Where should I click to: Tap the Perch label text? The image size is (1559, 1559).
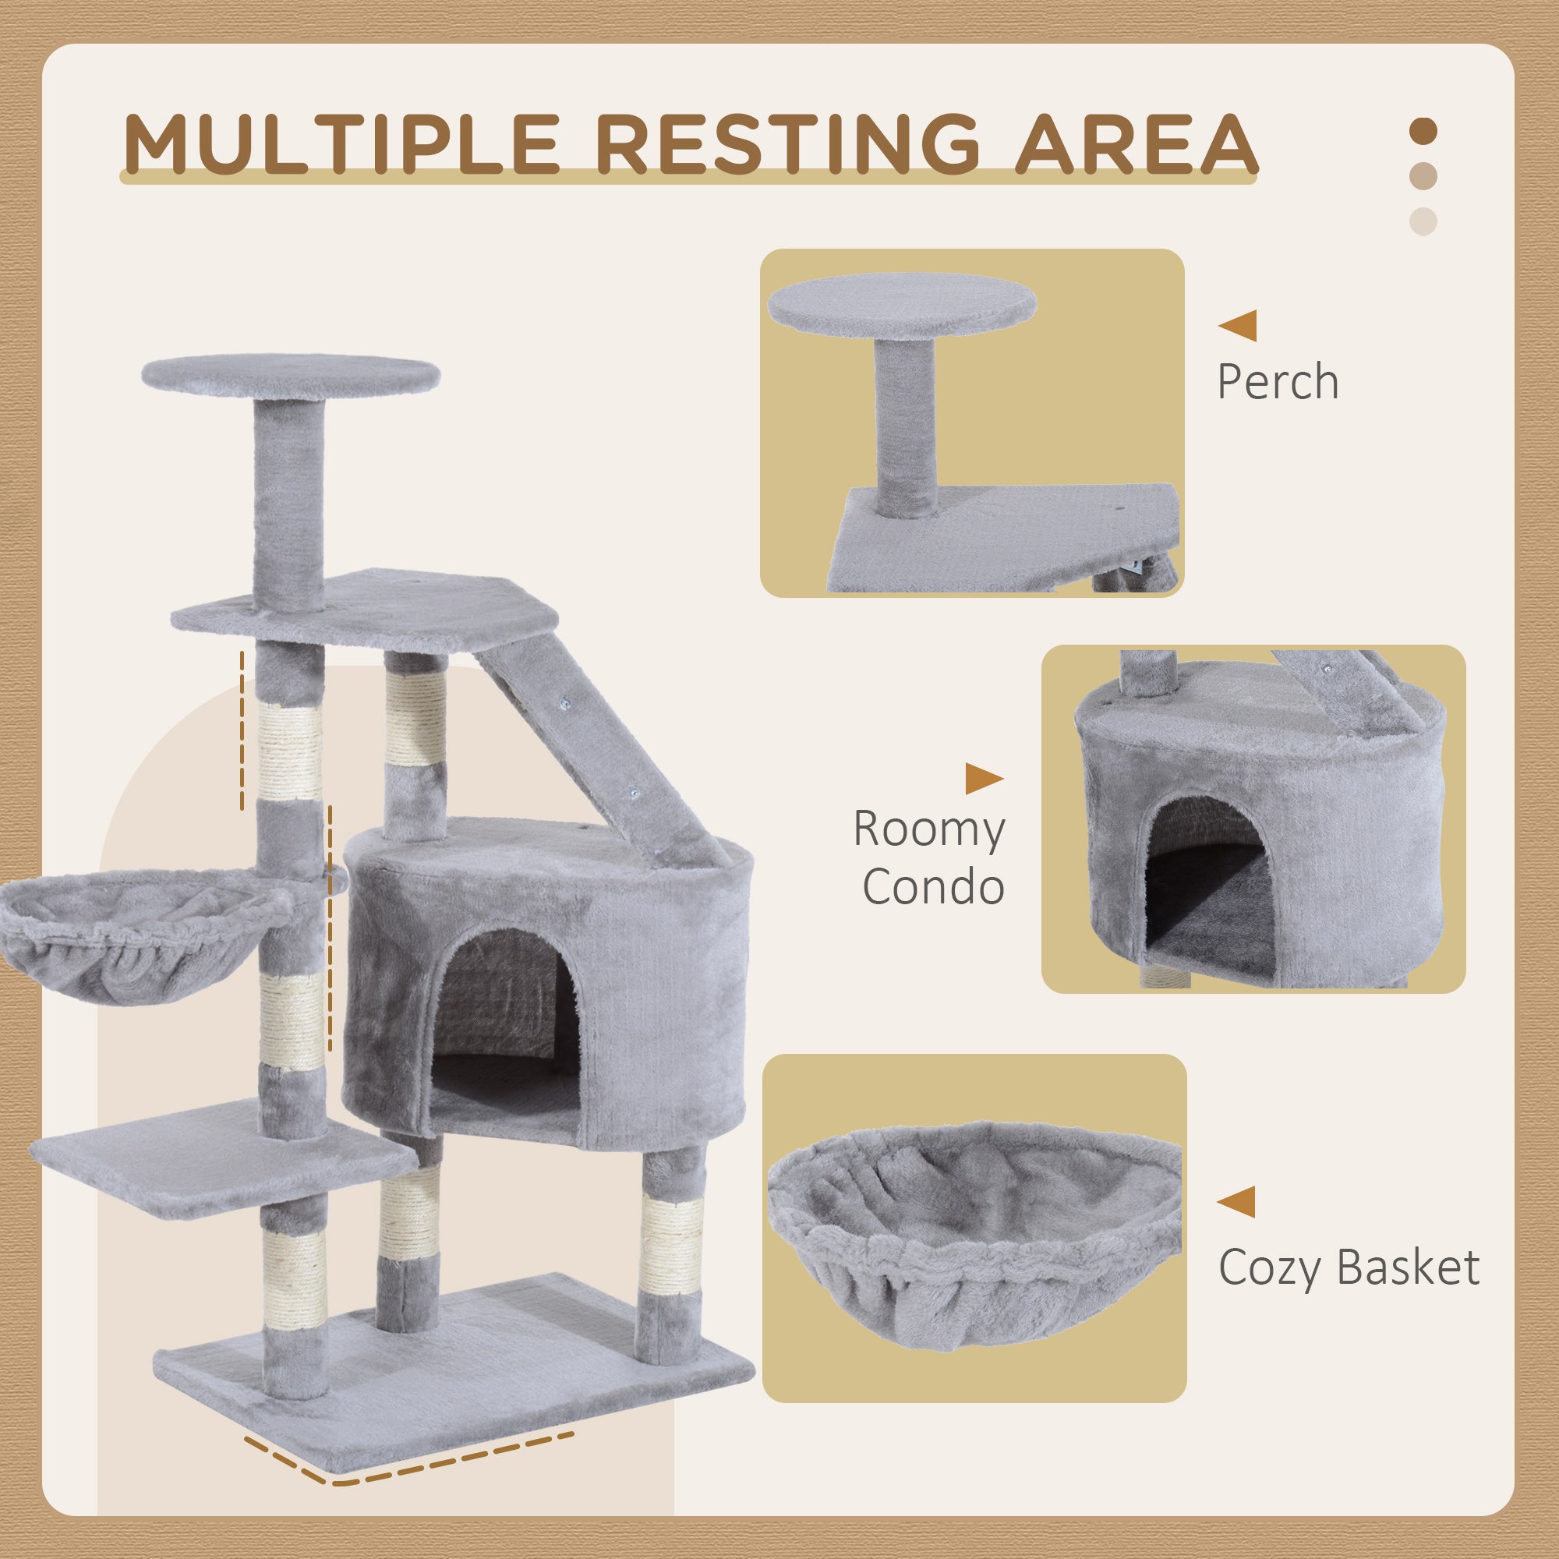click(x=1278, y=382)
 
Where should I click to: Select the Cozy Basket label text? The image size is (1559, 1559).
click(x=1349, y=1267)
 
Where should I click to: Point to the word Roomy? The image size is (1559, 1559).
click(x=929, y=829)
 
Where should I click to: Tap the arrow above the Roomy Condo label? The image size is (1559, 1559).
click(x=984, y=779)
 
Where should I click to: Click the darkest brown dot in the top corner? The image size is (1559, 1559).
click(x=1423, y=132)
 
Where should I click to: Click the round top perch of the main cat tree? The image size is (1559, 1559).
click(x=291, y=376)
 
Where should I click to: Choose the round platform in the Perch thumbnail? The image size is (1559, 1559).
click(x=901, y=305)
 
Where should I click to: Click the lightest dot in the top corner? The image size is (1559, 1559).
click(x=1423, y=221)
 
